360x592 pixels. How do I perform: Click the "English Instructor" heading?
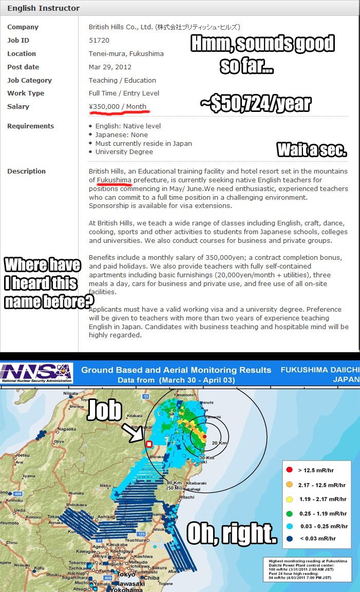(44, 8)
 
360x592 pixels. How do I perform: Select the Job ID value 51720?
(99, 40)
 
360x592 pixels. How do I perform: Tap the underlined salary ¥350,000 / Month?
(118, 107)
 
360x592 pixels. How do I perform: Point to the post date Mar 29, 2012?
(110, 67)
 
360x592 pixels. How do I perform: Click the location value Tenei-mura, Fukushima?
(126, 53)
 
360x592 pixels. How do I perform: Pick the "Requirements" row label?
(30, 126)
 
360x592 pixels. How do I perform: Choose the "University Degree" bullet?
(124, 152)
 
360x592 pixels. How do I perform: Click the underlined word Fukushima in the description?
(114, 180)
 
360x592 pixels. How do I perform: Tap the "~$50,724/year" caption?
(255, 104)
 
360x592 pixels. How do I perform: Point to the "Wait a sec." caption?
(312, 150)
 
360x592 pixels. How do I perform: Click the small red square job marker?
(149, 444)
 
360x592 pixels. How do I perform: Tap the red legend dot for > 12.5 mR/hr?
(290, 470)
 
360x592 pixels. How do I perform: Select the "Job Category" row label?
(29, 81)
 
